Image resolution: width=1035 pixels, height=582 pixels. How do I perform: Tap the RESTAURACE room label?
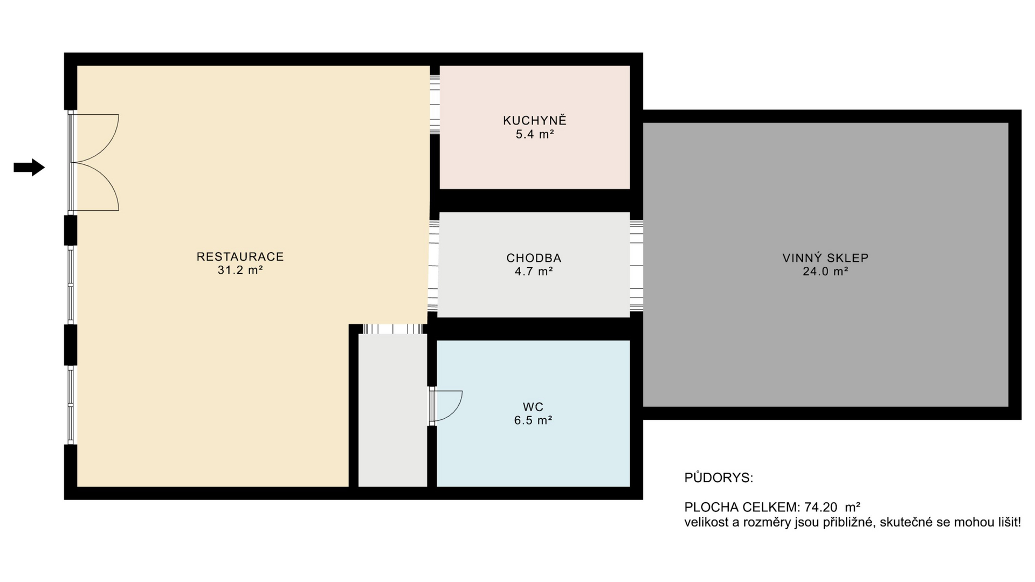[x=240, y=257]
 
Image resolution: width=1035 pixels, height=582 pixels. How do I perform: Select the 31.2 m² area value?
[x=240, y=270]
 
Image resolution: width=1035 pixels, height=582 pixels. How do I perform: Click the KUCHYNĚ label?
[x=535, y=121]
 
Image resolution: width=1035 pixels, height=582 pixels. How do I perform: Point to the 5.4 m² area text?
[x=535, y=134]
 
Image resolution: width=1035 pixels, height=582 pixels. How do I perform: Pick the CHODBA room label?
[x=534, y=258]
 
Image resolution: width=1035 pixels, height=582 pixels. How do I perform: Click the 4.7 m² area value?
[x=534, y=272]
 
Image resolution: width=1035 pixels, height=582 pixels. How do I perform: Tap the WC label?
[x=533, y=407]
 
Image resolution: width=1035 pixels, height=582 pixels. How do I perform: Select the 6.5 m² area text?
[x=533, y=420]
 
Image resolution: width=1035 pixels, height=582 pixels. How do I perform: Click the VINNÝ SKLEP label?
[x=825, y=258]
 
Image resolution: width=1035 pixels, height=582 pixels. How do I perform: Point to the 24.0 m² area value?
[x=825, y=272]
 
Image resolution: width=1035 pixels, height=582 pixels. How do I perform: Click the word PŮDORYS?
[x=718, y=478]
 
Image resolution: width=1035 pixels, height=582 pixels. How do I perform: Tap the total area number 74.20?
[x=820, y=507]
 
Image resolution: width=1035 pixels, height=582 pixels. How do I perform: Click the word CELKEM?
[x=769, y=507]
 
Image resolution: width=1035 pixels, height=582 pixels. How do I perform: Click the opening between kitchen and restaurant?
[x=434, y=105]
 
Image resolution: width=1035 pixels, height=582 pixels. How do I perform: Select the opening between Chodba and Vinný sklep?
[x=636, y=266]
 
